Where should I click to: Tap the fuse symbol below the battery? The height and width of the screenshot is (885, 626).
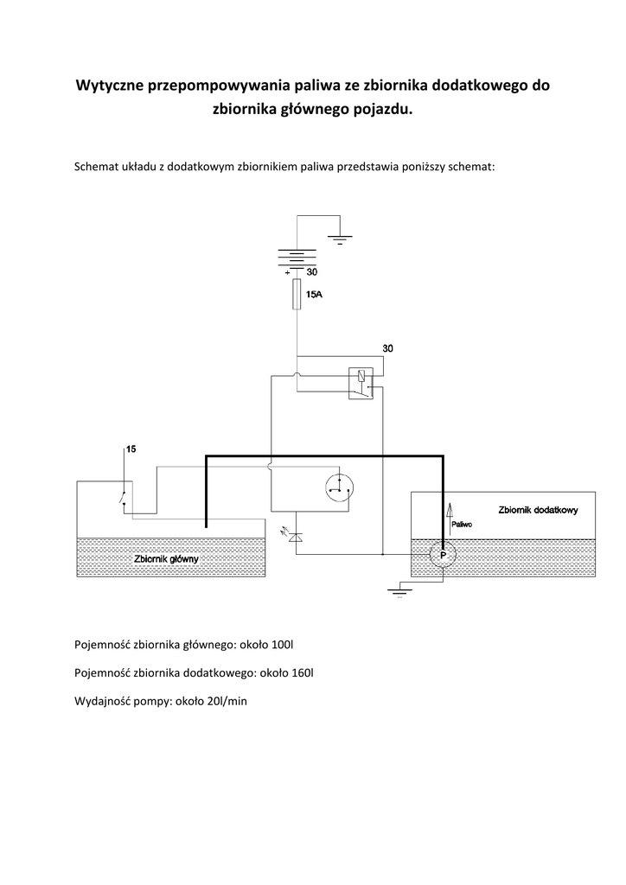(x=297, y=294)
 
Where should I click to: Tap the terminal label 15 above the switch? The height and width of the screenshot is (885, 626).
(x=131, y=449)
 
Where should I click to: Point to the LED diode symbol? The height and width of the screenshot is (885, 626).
(x=295, y=537)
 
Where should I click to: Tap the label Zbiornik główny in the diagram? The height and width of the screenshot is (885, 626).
(x=167, y=558)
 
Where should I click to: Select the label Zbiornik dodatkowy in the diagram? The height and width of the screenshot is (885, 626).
(x=538, y=510)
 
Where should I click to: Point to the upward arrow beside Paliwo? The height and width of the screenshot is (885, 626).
(x=449, y=513)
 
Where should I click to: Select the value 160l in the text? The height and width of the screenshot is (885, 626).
(x=302, y=672)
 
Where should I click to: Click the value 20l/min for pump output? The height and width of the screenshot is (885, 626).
(x=222, y=701)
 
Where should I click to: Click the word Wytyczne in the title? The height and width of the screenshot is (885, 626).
(x=111, y=86)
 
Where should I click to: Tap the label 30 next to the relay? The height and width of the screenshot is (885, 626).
(x=388, y=348)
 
